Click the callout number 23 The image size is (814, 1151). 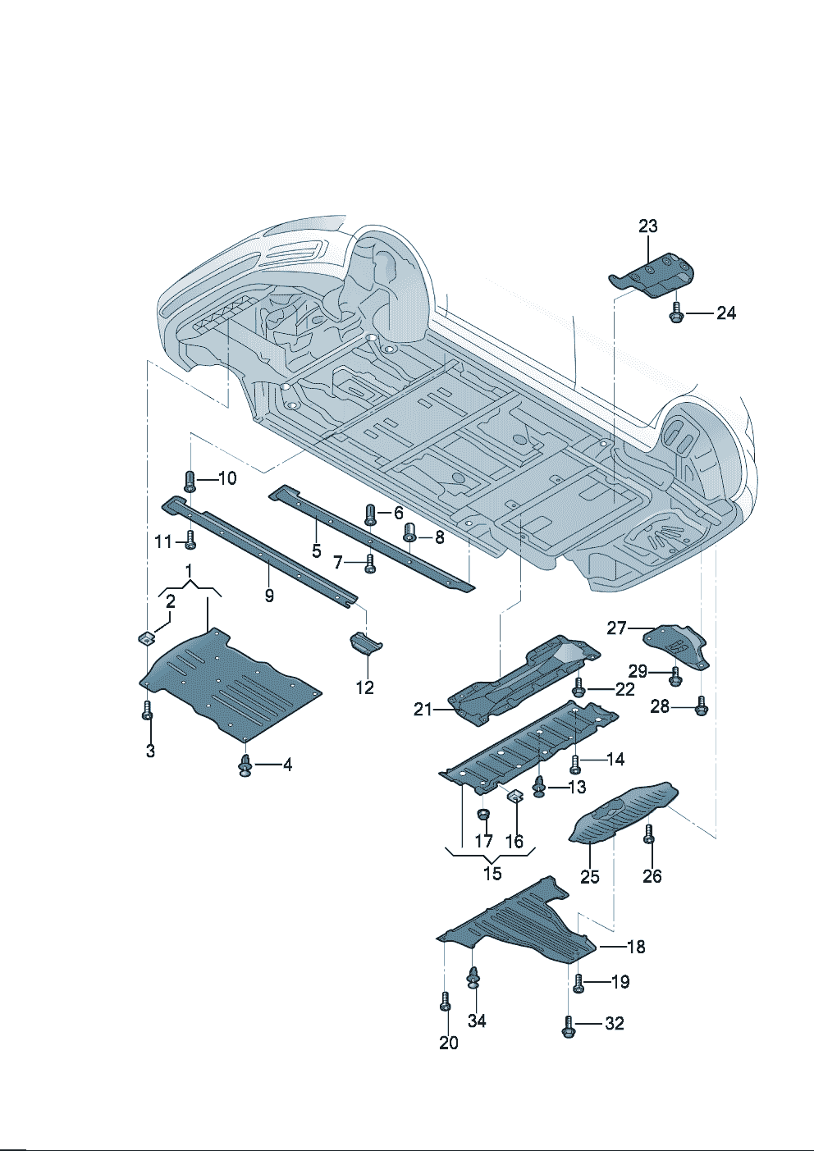648,226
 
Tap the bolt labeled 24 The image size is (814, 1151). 676,313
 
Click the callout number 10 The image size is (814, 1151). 227,478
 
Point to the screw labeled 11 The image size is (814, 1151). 190,540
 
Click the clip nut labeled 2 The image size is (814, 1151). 147,637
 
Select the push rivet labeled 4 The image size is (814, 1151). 245,766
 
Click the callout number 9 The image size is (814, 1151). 269,596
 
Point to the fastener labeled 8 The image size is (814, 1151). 411,534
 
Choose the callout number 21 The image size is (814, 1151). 423,709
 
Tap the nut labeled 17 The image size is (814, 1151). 484,815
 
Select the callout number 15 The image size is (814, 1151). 492,874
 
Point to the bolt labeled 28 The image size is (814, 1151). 701,705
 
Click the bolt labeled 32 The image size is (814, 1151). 567,1025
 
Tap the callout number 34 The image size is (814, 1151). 477,1021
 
